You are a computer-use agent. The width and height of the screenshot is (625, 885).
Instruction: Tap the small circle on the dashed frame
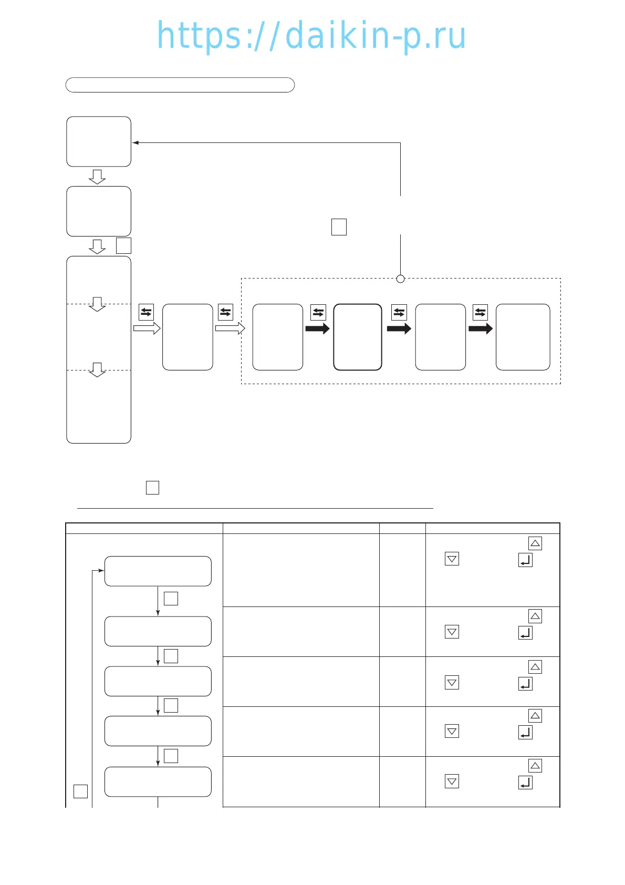point(400,279)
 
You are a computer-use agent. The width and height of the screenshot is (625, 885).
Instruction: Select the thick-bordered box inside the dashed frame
point(358,337)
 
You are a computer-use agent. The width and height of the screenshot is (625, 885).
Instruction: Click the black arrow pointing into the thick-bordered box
point(317,329)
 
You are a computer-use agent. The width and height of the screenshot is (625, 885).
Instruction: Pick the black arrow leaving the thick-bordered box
point(399,329)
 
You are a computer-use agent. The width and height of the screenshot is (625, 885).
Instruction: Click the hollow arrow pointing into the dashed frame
point(230,329)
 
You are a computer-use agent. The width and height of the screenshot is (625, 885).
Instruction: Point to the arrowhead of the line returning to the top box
point(135,142)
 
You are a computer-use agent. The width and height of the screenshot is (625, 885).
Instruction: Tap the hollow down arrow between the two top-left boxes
point(97,177)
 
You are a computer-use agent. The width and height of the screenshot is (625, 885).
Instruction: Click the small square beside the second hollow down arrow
point(123,246)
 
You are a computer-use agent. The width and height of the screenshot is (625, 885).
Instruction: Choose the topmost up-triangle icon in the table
point(535,543)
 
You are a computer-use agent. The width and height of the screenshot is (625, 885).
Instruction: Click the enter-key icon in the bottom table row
point(525,783)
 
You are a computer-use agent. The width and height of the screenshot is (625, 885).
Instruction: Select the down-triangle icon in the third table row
point(452,683)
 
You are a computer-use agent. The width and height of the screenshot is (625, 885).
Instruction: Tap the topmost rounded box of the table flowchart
point(158,571)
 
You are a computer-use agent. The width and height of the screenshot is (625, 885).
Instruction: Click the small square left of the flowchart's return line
point(80,791)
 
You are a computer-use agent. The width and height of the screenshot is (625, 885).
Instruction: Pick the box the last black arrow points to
point(523,337)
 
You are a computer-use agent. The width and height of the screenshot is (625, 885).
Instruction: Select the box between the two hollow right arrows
point(187,337)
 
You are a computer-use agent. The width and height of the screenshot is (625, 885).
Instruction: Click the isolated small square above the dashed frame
point(339,227)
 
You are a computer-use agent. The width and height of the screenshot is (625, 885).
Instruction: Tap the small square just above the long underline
point(152,488)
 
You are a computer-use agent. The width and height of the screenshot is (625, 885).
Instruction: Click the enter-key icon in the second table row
point(525,633)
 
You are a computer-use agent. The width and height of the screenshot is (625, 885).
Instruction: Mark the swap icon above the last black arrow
point(480,312)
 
